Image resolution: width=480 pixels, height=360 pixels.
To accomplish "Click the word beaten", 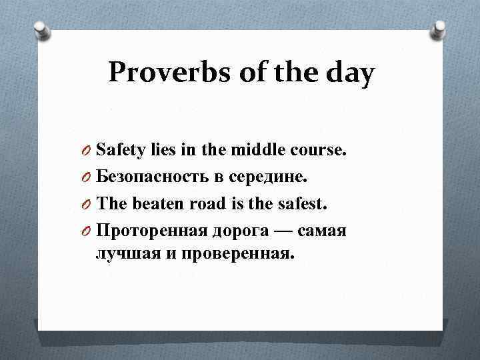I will coord(153,203).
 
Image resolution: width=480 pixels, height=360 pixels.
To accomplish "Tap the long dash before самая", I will coord(283,229).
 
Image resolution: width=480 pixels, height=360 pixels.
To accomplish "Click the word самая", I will coord(323,230).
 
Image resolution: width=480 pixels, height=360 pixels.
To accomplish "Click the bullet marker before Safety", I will coord(87,151).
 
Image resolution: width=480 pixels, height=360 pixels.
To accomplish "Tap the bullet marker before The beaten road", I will coord(87,204).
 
